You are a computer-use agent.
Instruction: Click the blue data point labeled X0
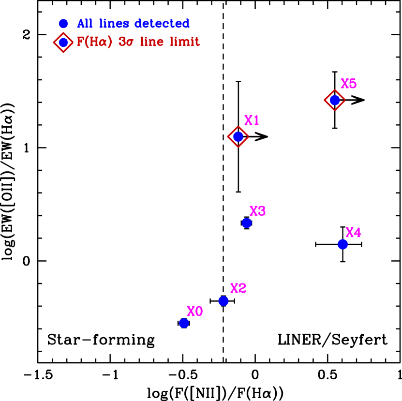click(x=184, y=323)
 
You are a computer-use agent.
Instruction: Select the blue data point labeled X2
click(x=223, y=301)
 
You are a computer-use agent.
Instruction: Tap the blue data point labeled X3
click(x=247, y=223)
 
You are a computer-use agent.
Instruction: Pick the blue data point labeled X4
click(x=343, y=244)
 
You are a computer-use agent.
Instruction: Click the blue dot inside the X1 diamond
click(x=238, y=137)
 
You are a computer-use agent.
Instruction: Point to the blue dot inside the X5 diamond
click(x=335, y=100)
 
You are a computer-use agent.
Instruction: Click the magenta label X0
click(x=195, y=312)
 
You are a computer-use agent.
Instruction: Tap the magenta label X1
click(x=252, y=120)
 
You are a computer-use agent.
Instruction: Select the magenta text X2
click(x=238, y=289)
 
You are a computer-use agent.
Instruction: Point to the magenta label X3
click(x=258, y=211)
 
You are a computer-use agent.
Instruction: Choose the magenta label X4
click(x=354, y=233)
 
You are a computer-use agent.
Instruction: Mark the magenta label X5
click(x=349, y=84)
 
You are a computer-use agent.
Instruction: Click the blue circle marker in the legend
click(x=63, y=24)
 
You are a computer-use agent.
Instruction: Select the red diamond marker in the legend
click(x=63, y=43)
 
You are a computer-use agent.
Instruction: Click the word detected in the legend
click(x=162, y=24)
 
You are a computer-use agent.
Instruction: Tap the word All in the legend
click(x=85, y=24)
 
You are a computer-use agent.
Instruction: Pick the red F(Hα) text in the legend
click(x=95, y=42)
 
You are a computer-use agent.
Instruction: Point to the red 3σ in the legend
click(x=126, y=42)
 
